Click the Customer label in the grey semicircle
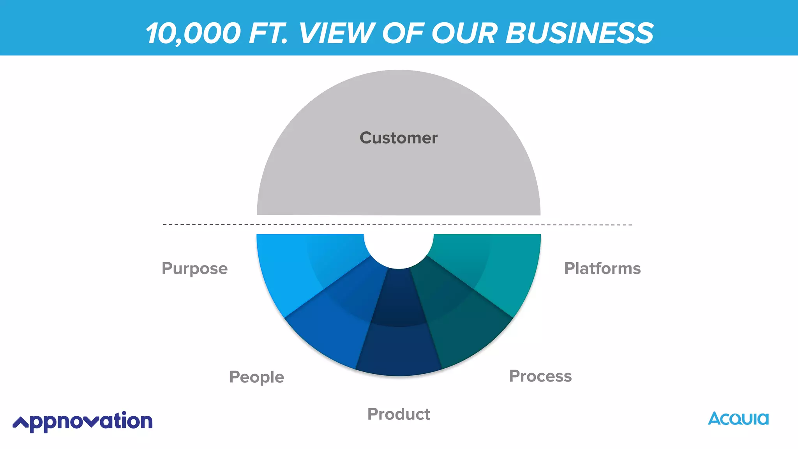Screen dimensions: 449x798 [x=398, y=138]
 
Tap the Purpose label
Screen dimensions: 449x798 [x=194, y=269]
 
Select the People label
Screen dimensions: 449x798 [x=256, y=377]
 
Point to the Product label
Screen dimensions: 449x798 [x=399, y=414]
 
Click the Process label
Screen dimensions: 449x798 [x=540, y=376]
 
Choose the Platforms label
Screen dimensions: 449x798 [x=602, y=269]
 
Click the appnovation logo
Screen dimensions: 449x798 [x=83, y=421]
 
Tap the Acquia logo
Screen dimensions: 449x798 [x=738, y=419]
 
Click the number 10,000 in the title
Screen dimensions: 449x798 [x=193, y=33]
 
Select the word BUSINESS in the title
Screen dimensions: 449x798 [x=579, y=33]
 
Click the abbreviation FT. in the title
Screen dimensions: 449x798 [x=268, y=33]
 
